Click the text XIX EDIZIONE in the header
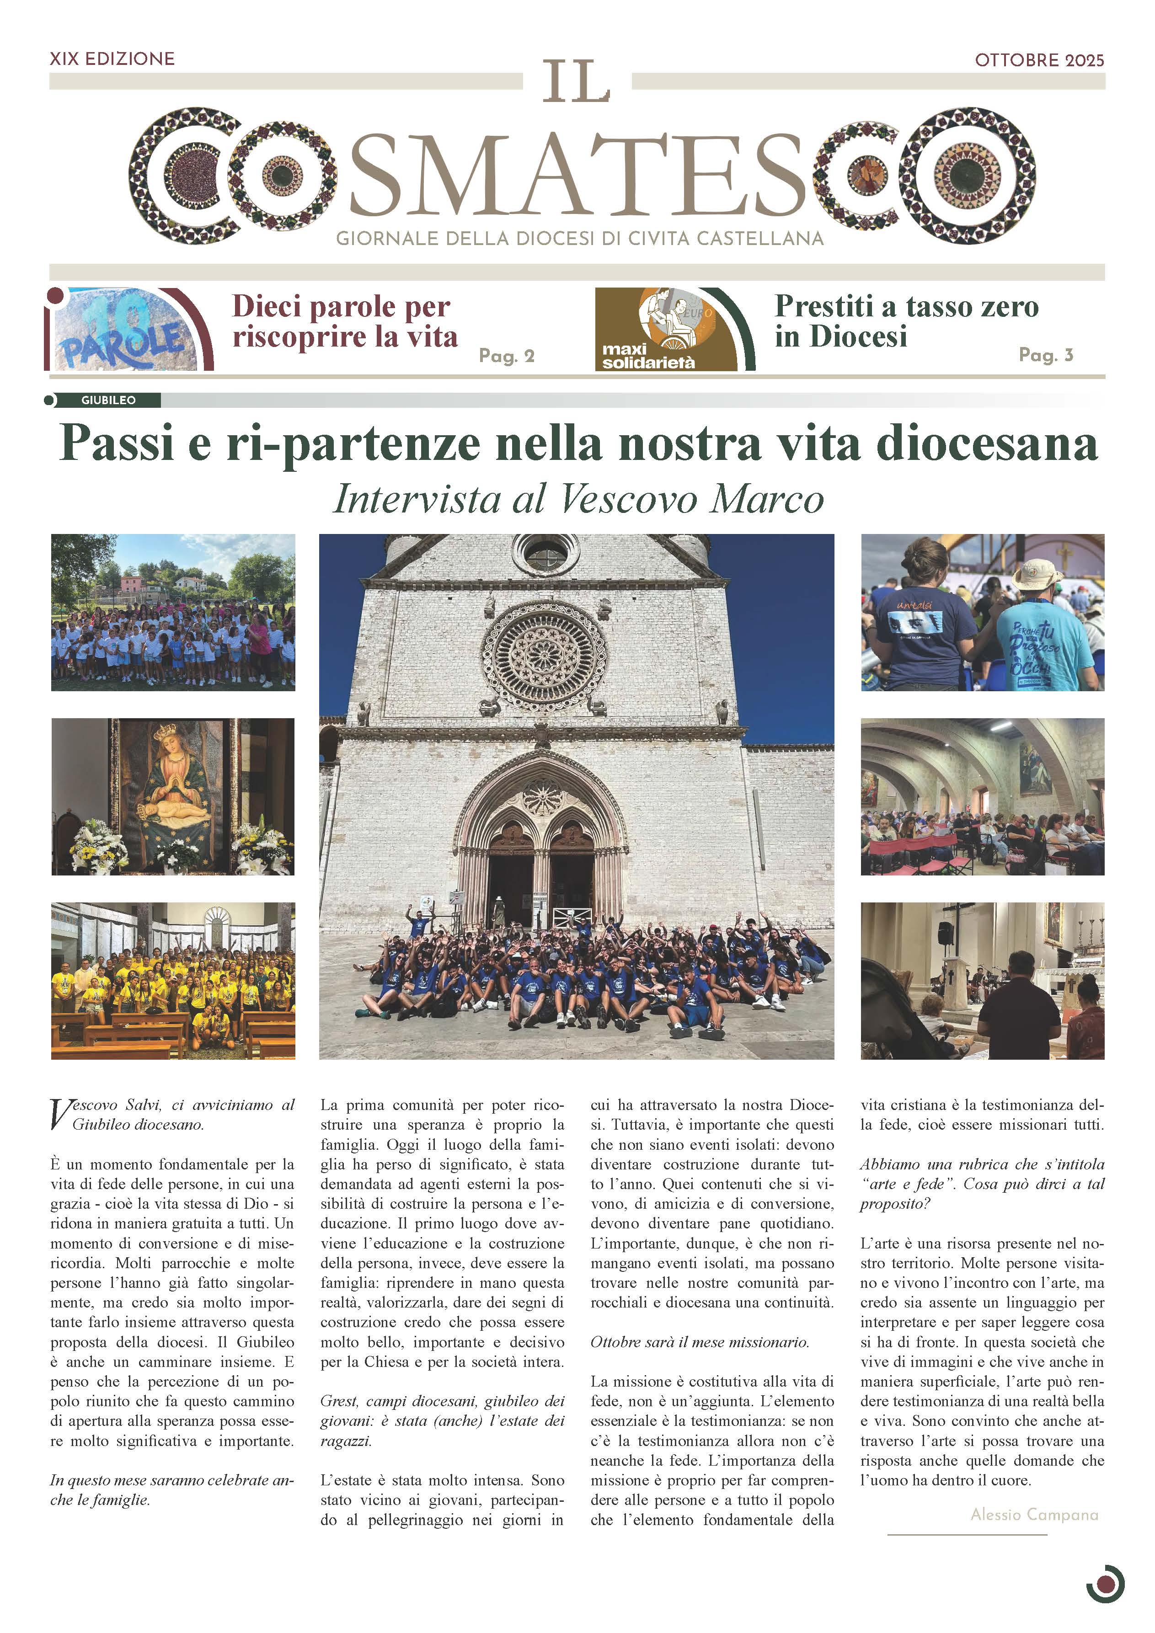pos(112,59)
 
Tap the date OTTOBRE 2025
pos(1039,60)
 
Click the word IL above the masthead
pos(577,82)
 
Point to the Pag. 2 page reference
pos(506,356)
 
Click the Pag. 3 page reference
pos(1045,354)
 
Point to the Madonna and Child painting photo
pos(173,796)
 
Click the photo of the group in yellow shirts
pos(173,981)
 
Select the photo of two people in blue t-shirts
pos(982,613)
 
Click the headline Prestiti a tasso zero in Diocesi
pos(906,321)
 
